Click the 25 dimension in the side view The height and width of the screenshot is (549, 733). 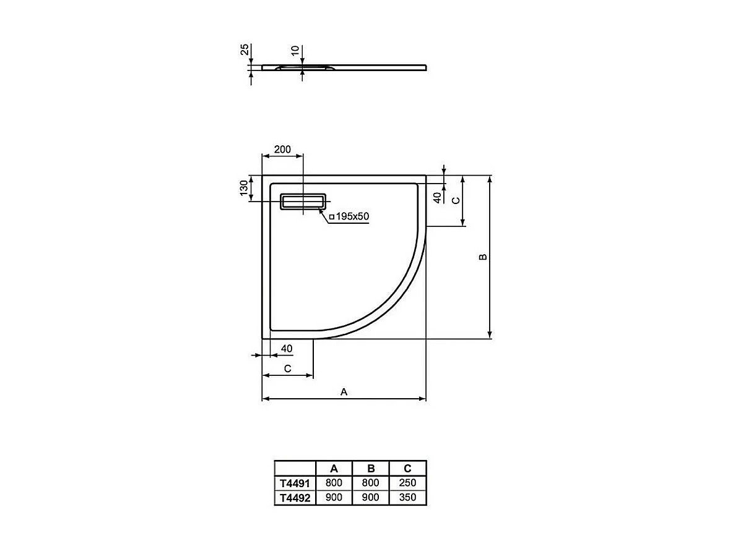(x=245, y=50)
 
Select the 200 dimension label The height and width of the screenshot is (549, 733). (x=282, y=150)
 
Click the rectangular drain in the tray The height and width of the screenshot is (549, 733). (x=303, y=202)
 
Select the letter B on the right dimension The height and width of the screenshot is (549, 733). (x=484, y=257)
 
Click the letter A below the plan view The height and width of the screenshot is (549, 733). (x=344, y=392)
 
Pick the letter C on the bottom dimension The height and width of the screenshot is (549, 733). (x=287, y=368)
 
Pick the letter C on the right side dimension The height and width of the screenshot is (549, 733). (x=455, y=200)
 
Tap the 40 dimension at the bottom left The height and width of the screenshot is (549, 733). (x=287, y=349)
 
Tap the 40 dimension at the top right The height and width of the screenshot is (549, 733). (x=437, y=197)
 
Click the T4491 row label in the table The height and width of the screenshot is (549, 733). (x=295, y=483)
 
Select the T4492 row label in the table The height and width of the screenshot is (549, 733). (x=295, y=497)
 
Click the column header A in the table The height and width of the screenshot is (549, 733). (x=334, y=469)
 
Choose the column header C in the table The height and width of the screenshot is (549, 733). (x=408, y=469)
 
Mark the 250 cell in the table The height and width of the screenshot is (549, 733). (x=408, y=483)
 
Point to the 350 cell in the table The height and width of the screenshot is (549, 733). (x=408, y=497)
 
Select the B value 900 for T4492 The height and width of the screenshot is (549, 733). (x=371, y=497)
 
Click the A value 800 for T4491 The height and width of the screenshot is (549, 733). (x=334, y=483)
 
